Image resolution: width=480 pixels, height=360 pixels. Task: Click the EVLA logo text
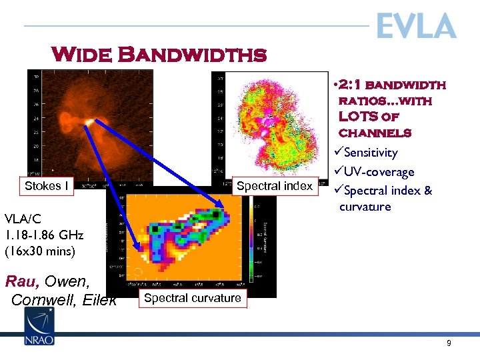point(415,27)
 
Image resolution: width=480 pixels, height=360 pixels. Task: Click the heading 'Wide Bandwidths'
point(159,54)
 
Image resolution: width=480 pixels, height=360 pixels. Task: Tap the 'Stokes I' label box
point(47,186)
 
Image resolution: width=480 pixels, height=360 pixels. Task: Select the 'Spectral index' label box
point(274,186)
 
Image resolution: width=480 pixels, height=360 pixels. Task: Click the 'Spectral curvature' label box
point(193,298)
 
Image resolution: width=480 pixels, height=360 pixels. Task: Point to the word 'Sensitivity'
point(371,153)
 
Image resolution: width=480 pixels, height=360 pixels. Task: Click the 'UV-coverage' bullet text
point(379,172)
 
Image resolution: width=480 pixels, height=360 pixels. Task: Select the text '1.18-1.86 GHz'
point(44,235)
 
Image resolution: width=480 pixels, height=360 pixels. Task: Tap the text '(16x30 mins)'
point(40,252)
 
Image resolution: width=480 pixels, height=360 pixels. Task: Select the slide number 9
point(449,343)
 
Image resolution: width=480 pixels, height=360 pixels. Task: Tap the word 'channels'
point(375,133)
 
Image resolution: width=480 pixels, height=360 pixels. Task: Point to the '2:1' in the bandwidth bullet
point(350,85)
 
